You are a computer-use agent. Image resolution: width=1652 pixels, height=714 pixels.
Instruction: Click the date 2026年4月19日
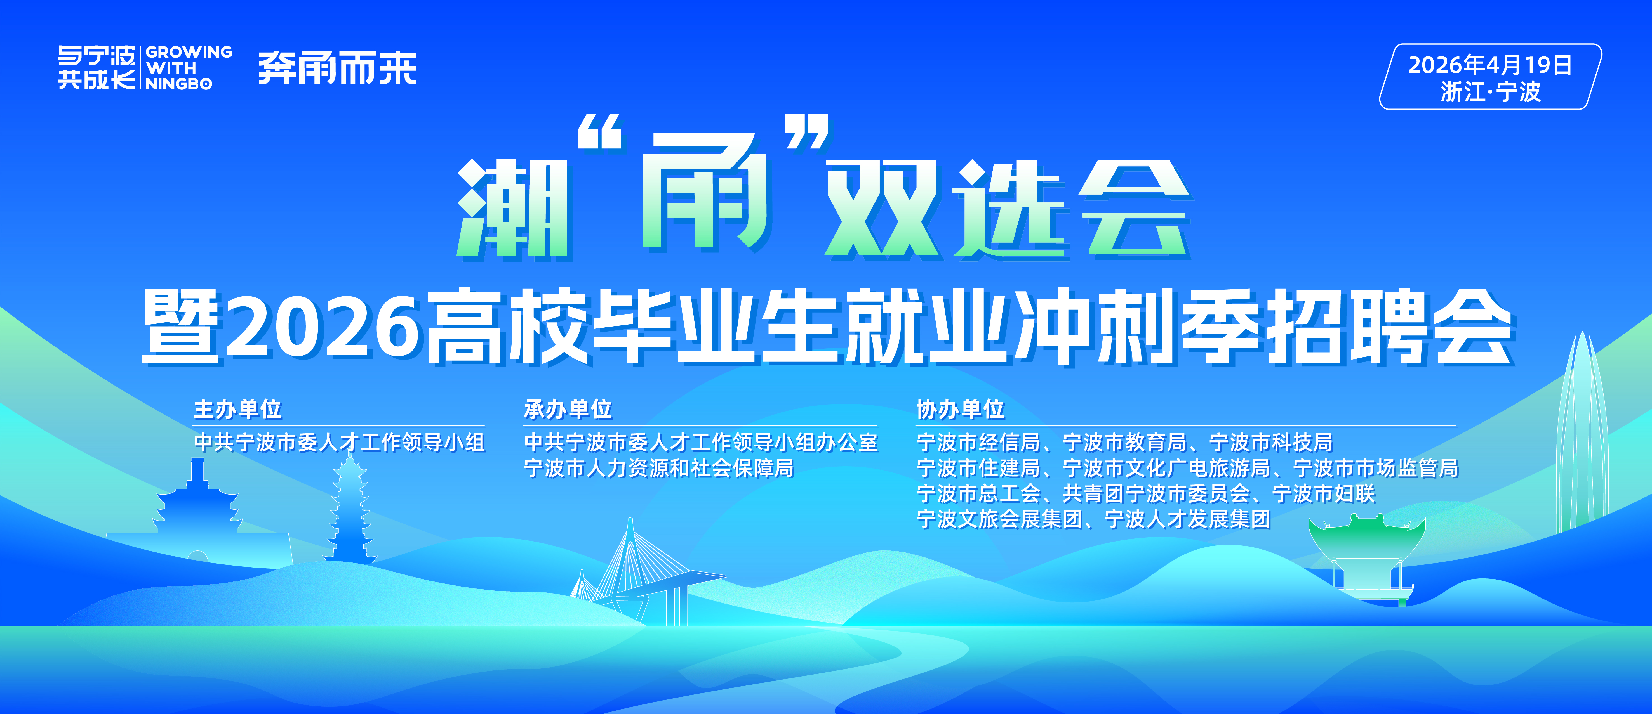coord(1490,65)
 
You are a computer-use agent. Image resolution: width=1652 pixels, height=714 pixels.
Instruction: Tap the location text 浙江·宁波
coord(1490,92)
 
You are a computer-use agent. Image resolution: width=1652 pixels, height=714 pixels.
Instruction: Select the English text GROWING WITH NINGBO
coord(189,67)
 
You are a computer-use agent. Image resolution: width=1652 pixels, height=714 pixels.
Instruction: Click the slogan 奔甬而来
coord(337,68)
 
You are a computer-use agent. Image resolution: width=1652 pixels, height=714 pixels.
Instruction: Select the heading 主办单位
coord(237,409)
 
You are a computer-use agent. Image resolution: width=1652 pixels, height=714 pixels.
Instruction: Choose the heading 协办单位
coord(960,409)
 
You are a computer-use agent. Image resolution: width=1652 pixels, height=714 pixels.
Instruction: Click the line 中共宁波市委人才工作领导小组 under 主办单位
coord(339,442)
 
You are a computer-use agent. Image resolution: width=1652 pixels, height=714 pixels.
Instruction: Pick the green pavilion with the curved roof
coord(1366,558)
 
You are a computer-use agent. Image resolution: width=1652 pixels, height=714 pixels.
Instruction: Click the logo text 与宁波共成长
coord(96,67)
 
